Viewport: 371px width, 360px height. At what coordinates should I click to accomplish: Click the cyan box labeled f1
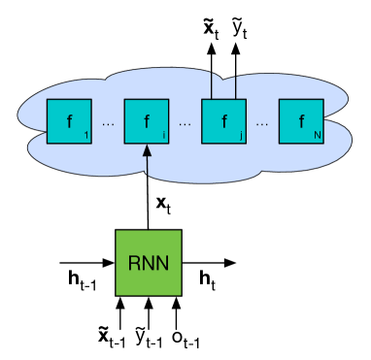pos(69,121)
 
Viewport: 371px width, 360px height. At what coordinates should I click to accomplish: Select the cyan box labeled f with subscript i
pos(147,121)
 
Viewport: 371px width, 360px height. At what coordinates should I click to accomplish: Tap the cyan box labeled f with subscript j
pos(223,121)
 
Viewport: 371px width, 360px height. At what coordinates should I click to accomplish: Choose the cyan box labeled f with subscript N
pos(301,121)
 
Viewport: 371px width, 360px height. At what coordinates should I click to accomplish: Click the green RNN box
pos(149,262)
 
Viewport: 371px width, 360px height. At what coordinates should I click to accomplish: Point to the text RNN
pos(149,263)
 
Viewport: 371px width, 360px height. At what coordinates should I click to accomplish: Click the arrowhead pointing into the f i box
pos(147,150)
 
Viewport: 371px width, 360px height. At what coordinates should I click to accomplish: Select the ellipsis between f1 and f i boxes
pos(108,124)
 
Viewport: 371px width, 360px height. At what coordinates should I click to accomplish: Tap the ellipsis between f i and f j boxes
pos(185,124)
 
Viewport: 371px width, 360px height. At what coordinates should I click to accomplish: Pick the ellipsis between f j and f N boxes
pos(262,124)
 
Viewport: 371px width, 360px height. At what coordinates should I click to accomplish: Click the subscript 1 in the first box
pos(85,136)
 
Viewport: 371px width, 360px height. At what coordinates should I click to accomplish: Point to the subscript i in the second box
pos(163,136)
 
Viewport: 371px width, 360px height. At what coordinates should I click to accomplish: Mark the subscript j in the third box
pos(240,136)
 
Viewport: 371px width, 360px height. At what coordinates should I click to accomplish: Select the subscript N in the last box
pos(317,136)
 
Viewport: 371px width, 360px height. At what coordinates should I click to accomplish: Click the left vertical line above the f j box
pos(212,85)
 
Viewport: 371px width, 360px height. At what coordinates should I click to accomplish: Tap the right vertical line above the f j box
pos(236,85)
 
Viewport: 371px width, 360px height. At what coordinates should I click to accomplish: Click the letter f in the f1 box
pos(68,122)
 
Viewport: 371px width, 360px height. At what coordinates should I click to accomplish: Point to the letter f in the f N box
pos(301,122)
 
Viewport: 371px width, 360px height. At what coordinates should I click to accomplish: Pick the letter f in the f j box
pos(223,122)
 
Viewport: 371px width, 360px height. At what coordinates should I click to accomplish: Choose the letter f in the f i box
pos(146,122)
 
